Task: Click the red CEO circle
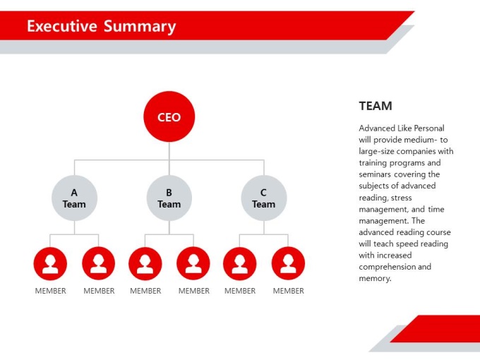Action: point(169,116)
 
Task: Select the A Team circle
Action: point(74,198)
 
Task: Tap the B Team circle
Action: point(169,198)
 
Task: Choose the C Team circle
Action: point(264,198)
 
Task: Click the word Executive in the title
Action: point(62,26)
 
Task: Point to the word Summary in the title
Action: point(140,27)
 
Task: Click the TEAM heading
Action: point(376,106)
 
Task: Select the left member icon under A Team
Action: point(50,263)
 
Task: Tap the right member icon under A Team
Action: point(99,263)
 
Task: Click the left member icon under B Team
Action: point(145,263)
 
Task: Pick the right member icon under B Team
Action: point(193,263)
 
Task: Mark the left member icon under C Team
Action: point(240,263)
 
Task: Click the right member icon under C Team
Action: point(288,263)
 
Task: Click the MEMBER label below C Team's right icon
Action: point(289,291)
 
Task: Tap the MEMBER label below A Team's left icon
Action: point(51,291)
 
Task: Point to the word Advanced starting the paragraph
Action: point(377,128)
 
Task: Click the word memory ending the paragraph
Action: point(375,279)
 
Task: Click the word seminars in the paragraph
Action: point(375,174)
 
